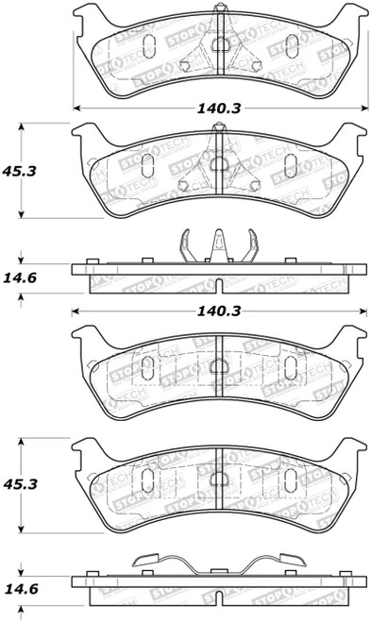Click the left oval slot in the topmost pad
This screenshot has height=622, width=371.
146,44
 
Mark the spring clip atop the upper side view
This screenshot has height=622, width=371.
218,247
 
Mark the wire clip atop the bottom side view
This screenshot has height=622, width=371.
218,564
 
